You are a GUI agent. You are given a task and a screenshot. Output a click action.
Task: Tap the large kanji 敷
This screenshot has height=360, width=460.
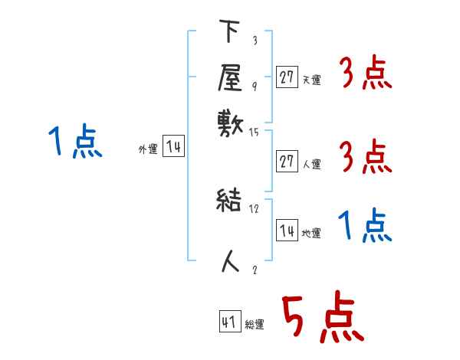230,123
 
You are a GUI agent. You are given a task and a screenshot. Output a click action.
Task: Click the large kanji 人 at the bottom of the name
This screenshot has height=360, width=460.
231,261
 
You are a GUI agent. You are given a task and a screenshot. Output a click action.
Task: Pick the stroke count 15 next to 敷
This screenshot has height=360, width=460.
255,133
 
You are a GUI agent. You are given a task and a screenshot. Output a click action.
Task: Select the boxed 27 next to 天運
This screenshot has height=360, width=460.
287,77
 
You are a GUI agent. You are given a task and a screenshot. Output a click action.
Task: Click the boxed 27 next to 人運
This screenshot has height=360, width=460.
287,162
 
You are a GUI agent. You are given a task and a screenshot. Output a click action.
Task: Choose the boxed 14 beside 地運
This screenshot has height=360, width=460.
287,231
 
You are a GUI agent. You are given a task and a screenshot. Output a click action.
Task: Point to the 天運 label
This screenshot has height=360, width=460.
311,79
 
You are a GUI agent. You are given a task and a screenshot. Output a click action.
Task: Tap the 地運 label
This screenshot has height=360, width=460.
311,233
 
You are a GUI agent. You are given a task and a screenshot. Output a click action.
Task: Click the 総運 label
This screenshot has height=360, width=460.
255,324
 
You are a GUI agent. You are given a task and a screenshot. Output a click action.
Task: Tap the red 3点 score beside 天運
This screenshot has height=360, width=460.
365,74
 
